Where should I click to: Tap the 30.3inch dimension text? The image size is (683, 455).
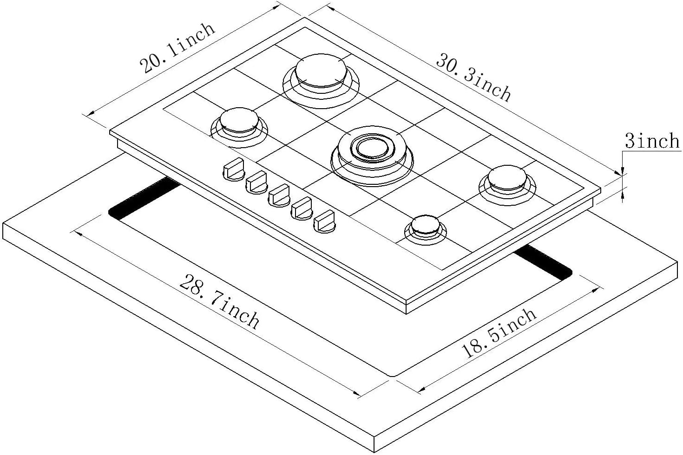473,78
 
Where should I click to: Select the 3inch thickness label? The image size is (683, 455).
652,141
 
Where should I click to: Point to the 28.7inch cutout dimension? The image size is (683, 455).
219,302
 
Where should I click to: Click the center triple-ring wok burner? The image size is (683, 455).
372,156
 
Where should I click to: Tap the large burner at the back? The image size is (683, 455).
321,80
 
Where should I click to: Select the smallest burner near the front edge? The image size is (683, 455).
426,229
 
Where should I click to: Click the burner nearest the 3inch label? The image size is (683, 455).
507,185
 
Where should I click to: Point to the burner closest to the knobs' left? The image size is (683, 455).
239,127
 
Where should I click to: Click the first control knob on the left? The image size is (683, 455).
234,169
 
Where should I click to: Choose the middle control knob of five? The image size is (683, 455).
279,195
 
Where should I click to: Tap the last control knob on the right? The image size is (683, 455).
325,221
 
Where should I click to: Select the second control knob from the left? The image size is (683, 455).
256,182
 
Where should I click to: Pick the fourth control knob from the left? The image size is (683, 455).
302,208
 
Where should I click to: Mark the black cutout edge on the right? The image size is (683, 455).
543,263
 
